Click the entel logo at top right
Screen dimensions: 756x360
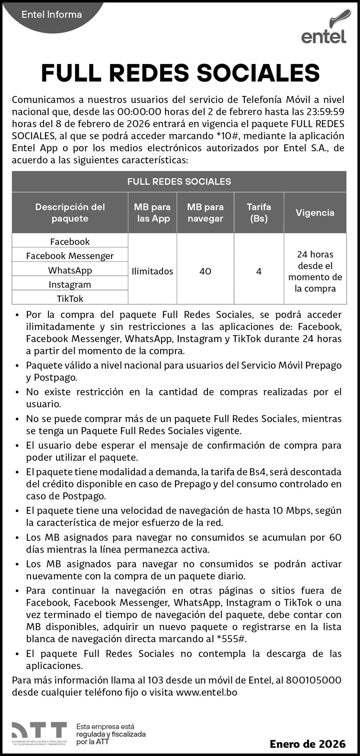point(324,28)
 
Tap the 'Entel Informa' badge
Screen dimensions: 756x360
point(52,14)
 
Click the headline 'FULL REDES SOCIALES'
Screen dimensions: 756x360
point(180,73)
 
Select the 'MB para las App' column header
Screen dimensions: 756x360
point(152,213)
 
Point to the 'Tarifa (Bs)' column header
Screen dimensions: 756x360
point(259,213)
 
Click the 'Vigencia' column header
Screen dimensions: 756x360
point(315,213)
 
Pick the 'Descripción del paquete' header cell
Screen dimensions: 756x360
point(70,213)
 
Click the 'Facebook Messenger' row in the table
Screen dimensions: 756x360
point(70,256)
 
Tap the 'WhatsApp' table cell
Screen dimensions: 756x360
point(70,270)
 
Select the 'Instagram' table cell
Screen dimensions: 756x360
point(70,285)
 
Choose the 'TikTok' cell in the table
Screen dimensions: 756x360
point(70,299)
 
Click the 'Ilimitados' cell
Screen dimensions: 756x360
point(152,271)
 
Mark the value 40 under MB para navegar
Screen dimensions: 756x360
point(205,271)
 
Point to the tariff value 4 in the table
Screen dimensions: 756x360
point(259,271)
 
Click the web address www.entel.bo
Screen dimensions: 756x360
point(207,692)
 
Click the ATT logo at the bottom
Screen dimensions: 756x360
point(39,733)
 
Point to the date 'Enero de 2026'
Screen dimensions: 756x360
point(307,744)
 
